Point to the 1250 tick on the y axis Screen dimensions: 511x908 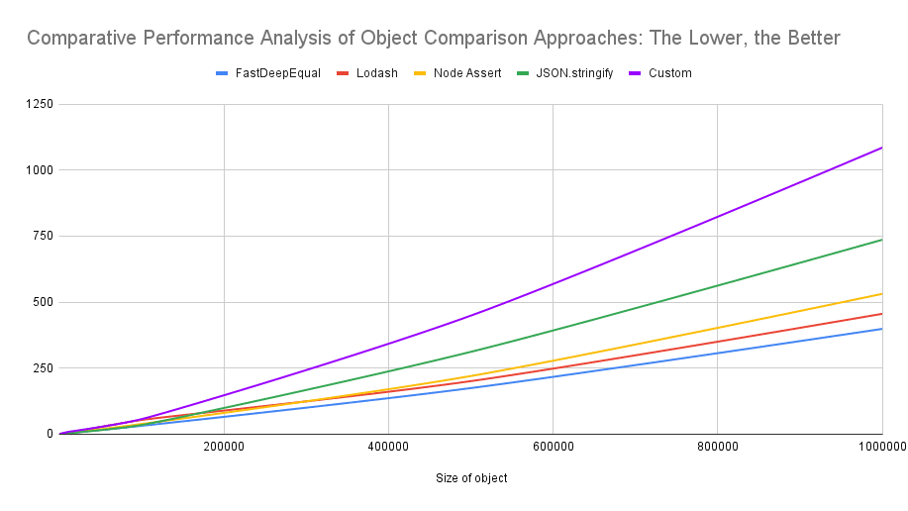(x=39, y=104)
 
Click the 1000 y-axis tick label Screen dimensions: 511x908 (x=39, y=170)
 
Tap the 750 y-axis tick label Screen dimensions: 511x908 (x=42, y=236)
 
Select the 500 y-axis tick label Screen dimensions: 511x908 (x=42, y=302)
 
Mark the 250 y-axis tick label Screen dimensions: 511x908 (x=42, y=367)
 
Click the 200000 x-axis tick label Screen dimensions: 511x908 (x=224, y=447)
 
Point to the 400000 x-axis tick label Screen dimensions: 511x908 (x=388, y=447)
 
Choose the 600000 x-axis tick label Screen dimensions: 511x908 (x=553, y=447)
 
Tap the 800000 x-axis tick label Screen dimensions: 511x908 (x=717, y=447)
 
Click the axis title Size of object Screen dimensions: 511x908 (x=471, y=478)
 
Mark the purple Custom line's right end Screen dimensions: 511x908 (x=881, y=148)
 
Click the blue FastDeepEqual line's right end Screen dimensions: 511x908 (x=881, y=329)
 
